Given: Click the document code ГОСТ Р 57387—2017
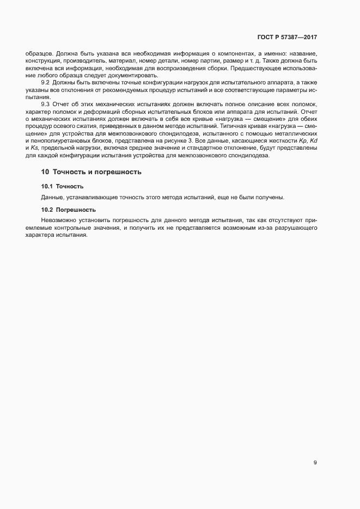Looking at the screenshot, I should [287, 38].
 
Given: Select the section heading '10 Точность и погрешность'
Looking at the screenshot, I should [91, 172].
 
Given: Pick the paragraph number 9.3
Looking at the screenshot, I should [46, 103].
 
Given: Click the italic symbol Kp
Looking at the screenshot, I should [298, 142].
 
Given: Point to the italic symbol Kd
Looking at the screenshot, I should [313, 142].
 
